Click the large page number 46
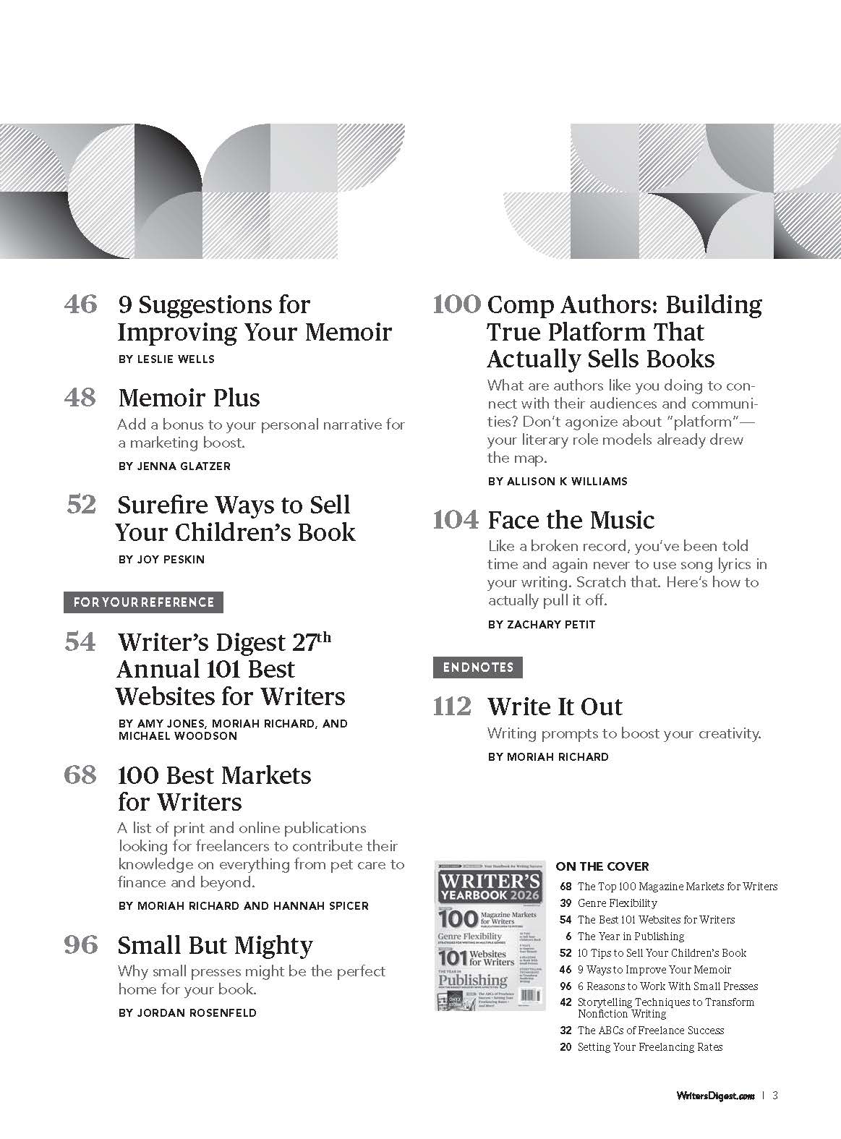pos(80,304)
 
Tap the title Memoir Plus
pos(189,398)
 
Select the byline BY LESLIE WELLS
pos(166,359)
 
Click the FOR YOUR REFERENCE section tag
pos(143,602)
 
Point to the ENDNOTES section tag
pos(477,667)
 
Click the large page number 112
pos(452,707)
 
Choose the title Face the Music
pos(571,520)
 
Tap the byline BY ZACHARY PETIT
pos(541,624)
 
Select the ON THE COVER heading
pos(602,866)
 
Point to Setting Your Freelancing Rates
pos(649,1047)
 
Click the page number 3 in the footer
pos(774,1095)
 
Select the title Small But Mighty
pos(215,945)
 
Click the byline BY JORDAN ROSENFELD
pos(187,1013)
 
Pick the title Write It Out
pos(555,707)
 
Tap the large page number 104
pos(456,520)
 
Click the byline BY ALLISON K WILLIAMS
pos(557,481)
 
